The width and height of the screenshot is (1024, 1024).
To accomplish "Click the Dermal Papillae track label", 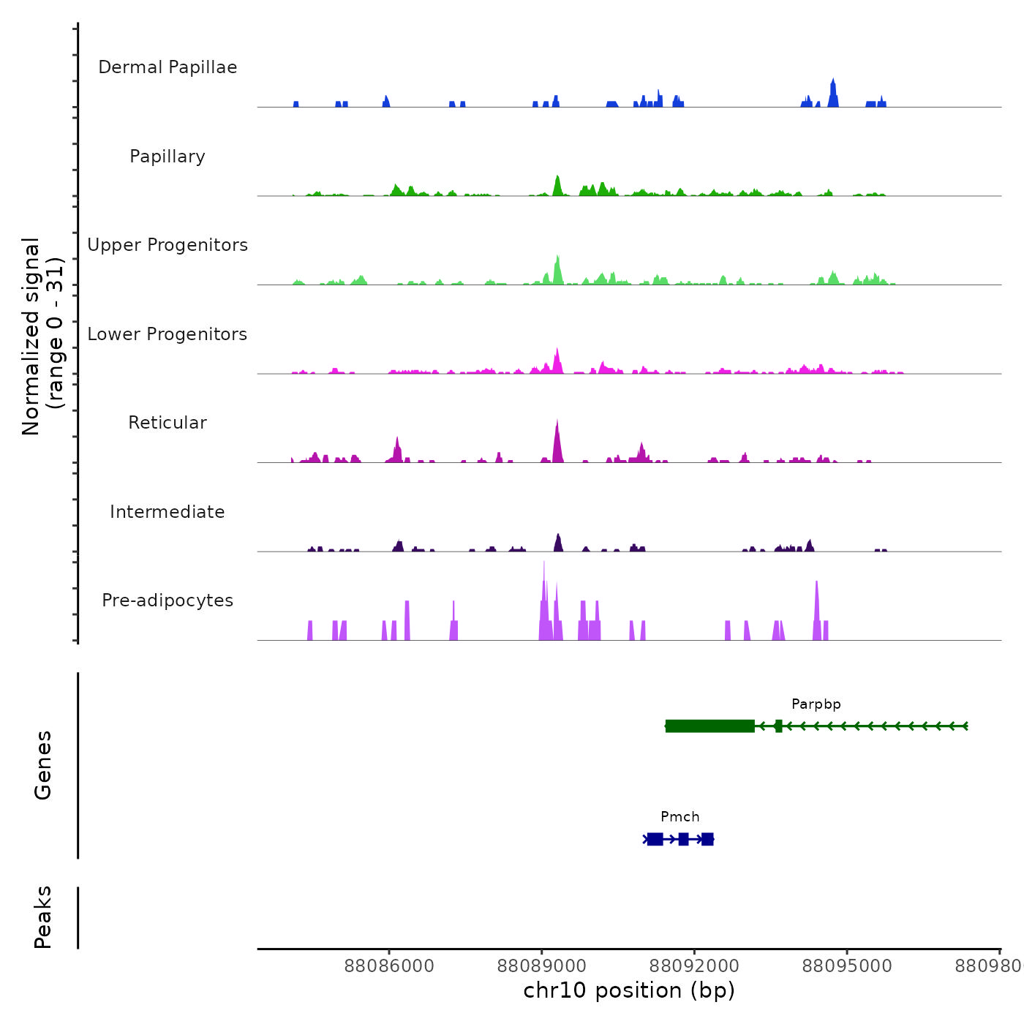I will (167, 67).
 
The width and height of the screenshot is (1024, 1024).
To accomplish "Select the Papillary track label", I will (167, 157).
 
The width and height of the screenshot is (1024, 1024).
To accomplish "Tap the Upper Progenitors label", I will (167, 245).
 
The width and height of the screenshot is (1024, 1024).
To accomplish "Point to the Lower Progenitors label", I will (167, 334).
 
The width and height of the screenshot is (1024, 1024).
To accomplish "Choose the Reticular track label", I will (167, 423).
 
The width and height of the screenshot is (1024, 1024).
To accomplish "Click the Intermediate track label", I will (167, 512).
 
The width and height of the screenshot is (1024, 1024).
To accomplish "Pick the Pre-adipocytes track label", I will (167, 601).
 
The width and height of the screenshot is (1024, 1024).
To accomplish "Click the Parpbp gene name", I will (816, 704).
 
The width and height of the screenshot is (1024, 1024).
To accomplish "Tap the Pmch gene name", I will (680, 817).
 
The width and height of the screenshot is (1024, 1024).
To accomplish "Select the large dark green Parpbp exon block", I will (710, 726).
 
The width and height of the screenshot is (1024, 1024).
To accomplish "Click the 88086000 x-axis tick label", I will (389, 966).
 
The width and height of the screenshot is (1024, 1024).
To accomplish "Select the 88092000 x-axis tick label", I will (694, 966).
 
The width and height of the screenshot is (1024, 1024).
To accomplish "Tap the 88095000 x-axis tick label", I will (847, 966).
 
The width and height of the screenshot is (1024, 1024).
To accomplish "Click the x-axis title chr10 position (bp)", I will (629, 990).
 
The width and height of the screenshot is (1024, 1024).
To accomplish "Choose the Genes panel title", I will (43, 765).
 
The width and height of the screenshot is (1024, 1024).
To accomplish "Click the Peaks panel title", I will (43, 917).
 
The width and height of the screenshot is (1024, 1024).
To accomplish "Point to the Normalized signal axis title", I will (42, 336).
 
